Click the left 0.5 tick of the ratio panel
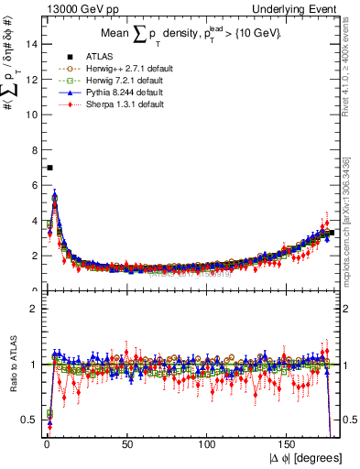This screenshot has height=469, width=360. tap(28, 420)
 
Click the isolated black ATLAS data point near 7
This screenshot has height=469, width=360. tap(49, 168)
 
